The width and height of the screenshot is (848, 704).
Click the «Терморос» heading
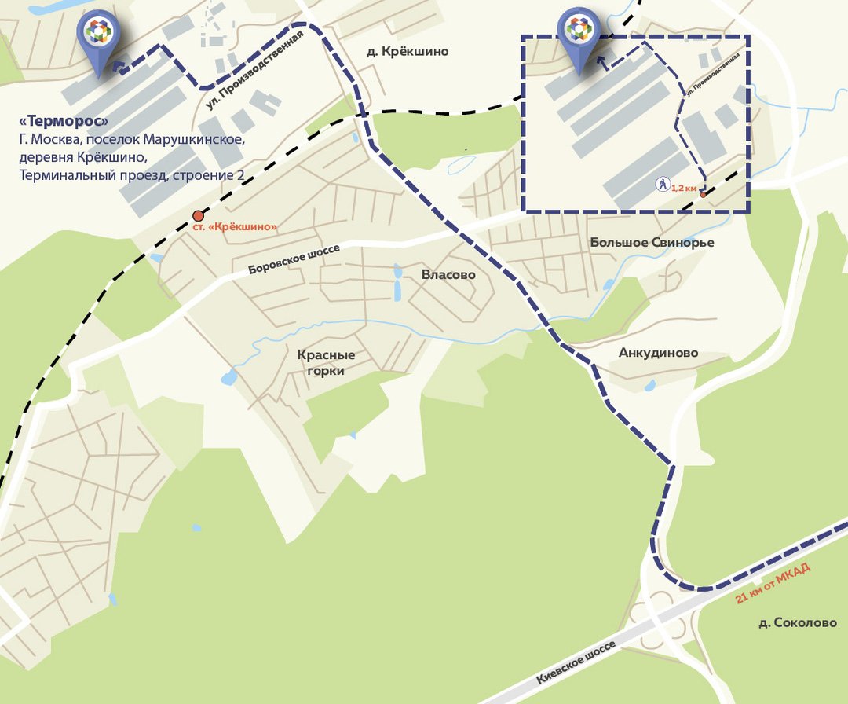(x=65, y=122)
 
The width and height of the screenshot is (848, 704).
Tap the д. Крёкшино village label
(x=408, y=52)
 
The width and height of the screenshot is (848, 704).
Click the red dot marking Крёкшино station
(x=198, y=216)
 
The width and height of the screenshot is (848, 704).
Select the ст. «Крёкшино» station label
(x=236, y=227)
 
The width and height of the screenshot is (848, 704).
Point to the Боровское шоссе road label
(x=294, y=259)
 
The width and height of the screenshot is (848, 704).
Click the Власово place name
(x=448, y=275)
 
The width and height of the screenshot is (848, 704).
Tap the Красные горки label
(x=320, y=363)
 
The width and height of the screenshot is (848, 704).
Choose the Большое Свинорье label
(x=652, y=243)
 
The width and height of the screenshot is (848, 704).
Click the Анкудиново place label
(x=658, y=353)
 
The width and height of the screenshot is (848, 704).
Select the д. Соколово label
(x=798, y=623)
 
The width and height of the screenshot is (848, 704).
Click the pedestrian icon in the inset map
(x=663, y=185)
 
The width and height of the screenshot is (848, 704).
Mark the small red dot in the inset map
(x=704, y=194)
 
